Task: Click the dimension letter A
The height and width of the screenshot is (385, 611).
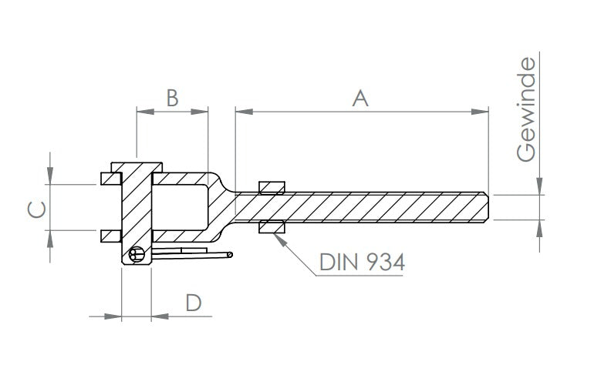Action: click(x=360, y=98)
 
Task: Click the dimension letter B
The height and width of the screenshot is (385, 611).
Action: click(x=172, y=98)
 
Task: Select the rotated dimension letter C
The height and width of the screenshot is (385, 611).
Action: click(x=37, y=209)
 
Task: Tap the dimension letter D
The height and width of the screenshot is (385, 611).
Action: click(x=194, y=303)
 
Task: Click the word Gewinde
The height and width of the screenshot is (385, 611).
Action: click(x=526, y=109)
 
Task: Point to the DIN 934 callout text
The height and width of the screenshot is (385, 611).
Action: click(x=362, y=262)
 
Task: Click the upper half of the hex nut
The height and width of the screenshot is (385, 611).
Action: click(x=272, y=187)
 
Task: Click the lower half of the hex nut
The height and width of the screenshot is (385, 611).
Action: click(x=272, y=226)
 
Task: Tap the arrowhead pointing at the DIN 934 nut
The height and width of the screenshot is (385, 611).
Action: click(x=280, y=239)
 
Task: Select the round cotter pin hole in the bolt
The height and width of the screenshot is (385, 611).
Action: click(x=137, y=255)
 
